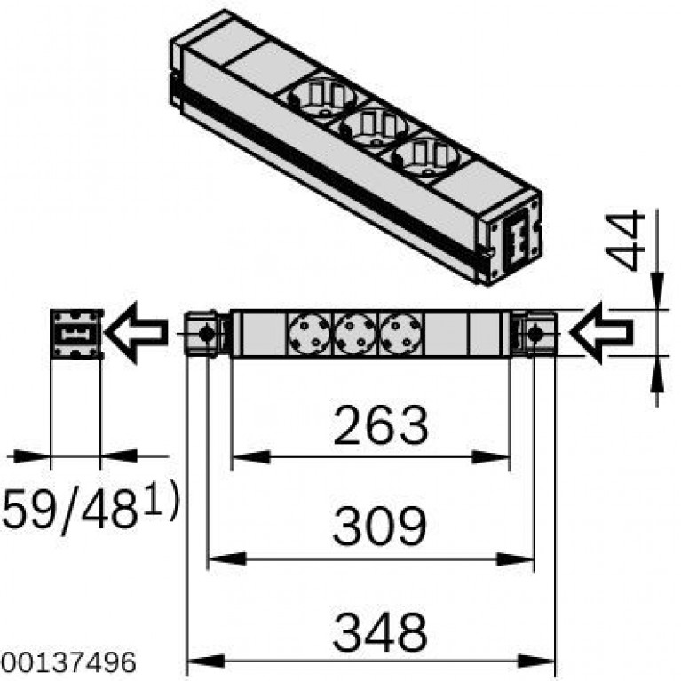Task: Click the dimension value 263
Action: coord(381,424)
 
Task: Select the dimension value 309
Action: coord(380,526)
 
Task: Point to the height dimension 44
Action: coord(625,241)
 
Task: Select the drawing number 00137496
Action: coord(68,663)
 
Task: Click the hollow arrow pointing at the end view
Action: coord(137,332)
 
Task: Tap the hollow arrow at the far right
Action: coord(601,333)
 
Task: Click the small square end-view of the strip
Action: coord(76,334)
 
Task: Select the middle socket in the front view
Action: coord(355,334)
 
